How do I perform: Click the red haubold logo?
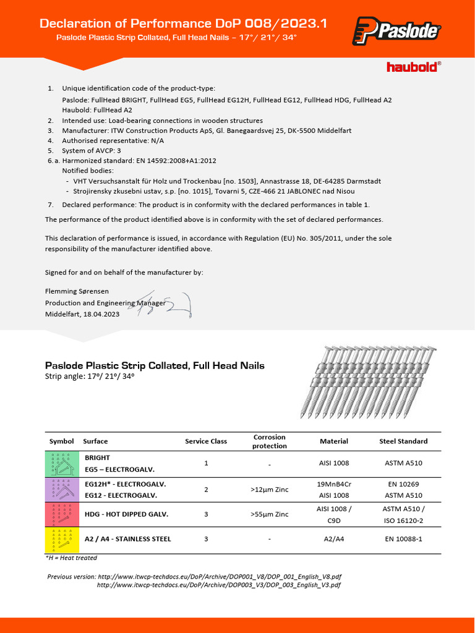[414, 66]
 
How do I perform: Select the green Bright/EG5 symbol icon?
[61, 464]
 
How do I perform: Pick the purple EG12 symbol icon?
[61, 489]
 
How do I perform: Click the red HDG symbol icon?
[61, 514]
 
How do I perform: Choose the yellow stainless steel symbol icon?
[61, 540]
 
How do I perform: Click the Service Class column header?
[206, 441]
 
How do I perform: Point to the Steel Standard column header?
[403, 441]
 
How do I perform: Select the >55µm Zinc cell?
[270, 514]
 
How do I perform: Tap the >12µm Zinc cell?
[270, 490]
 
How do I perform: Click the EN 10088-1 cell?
[403, 539]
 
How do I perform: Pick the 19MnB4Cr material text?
[334, 484]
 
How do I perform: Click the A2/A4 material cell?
[334, 539]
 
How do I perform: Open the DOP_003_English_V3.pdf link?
[219, 585]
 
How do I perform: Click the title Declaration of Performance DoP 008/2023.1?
[183, 23]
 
